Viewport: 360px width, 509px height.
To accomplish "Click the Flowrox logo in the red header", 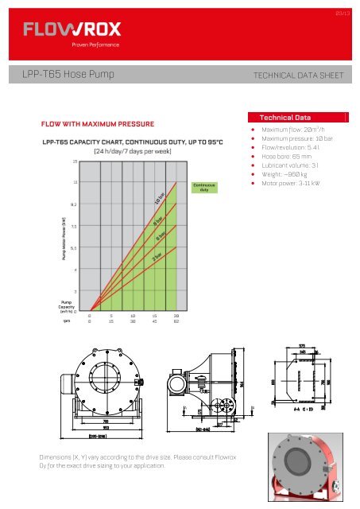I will [73, 31].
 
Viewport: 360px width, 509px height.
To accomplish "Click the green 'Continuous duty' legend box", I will [204, 188].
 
